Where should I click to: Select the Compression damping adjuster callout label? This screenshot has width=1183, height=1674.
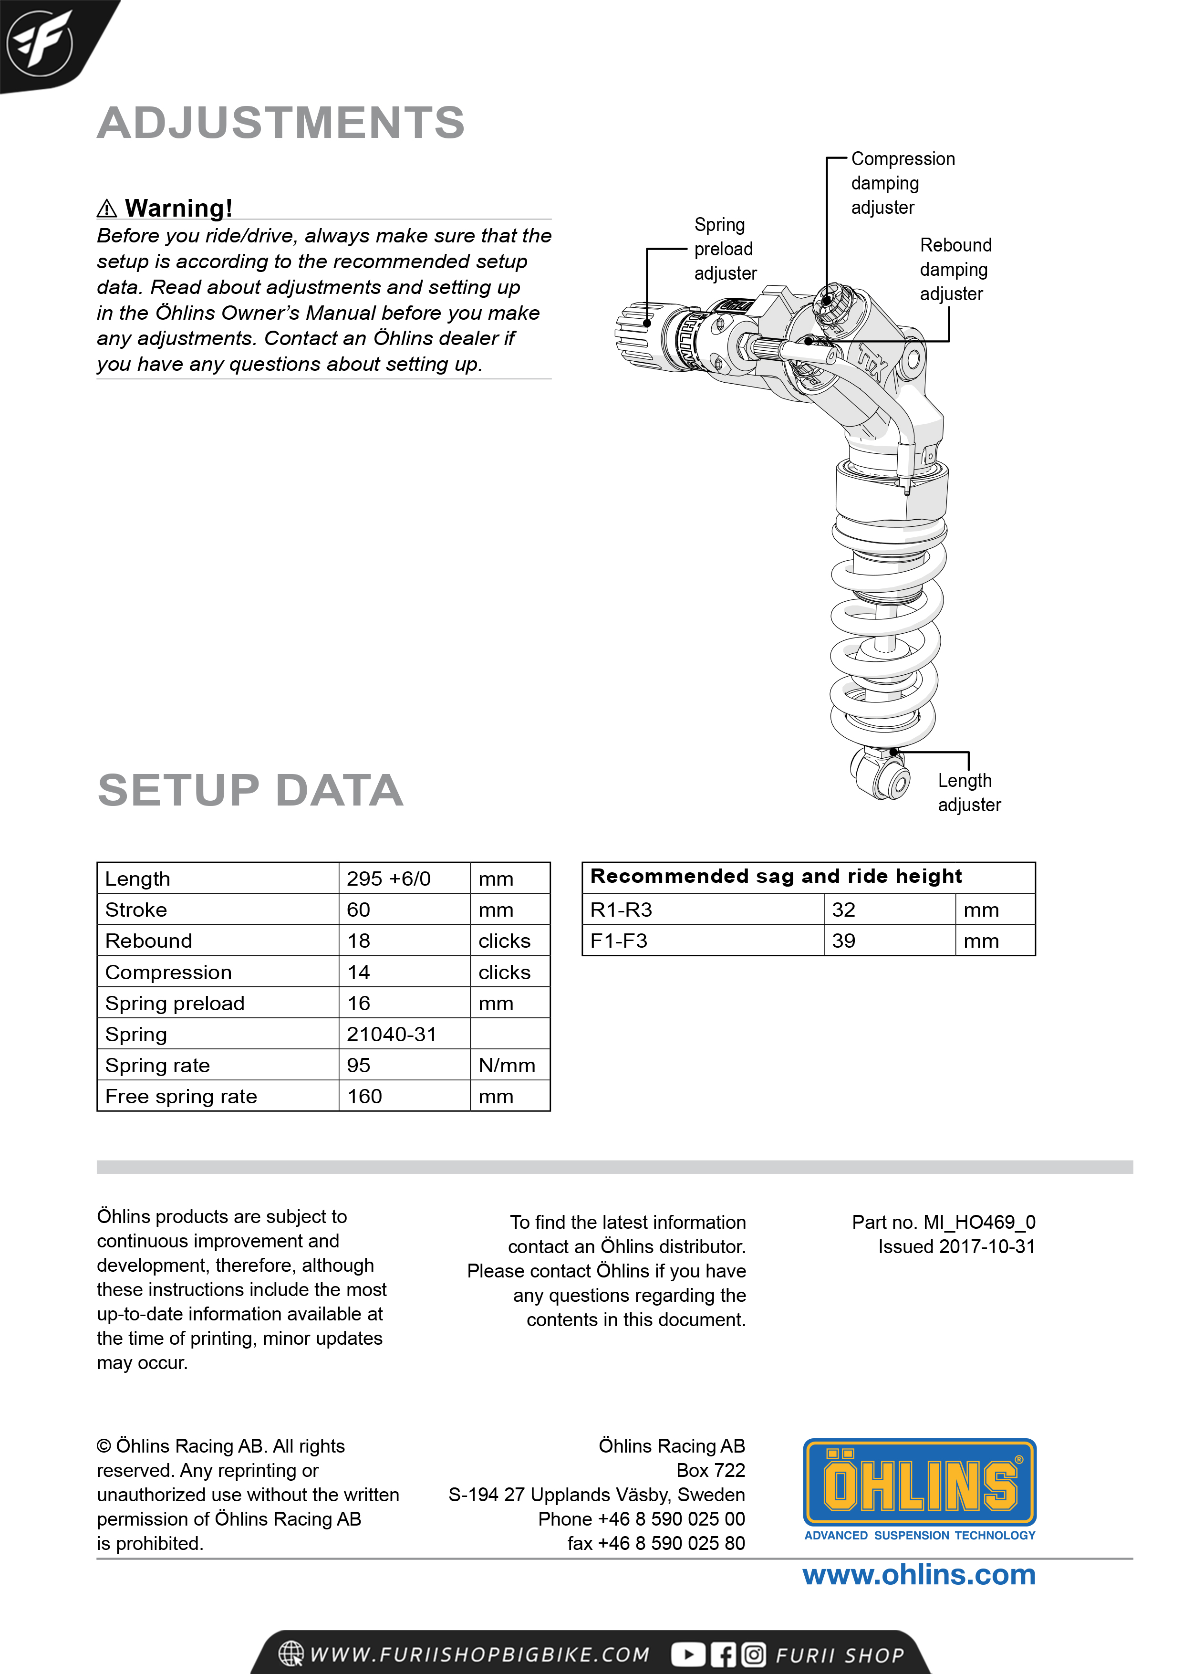903,183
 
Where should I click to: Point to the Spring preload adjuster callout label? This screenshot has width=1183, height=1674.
725,249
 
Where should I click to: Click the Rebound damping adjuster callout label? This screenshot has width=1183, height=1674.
955,269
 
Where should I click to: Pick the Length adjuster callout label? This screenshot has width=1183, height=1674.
969,793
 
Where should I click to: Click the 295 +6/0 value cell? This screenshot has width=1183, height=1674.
388,879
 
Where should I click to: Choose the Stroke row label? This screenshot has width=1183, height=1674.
136,910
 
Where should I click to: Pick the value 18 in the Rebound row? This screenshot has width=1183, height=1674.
359,941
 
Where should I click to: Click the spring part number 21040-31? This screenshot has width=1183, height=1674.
392,1034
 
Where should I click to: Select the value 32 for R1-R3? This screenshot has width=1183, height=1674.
843,910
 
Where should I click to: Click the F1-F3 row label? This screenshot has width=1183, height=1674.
619,941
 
